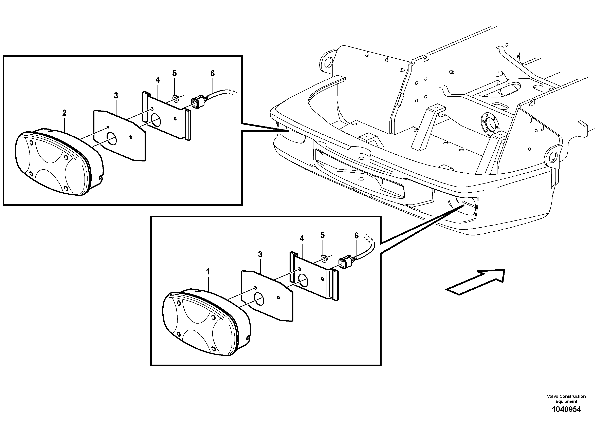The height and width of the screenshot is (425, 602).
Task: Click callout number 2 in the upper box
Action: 65,113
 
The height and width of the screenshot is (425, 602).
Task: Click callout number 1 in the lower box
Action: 208,272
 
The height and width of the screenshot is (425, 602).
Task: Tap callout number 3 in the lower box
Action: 260,254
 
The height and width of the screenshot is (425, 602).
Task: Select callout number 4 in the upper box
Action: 158,80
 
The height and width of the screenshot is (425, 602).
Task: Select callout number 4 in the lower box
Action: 302,238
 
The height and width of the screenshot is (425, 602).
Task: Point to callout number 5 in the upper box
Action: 175,73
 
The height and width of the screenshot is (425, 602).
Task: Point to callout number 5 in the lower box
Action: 323,235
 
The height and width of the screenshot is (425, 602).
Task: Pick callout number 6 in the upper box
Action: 212,73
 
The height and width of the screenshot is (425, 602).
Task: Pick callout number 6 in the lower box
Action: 356,236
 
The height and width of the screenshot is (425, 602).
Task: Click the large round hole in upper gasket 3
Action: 112,139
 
